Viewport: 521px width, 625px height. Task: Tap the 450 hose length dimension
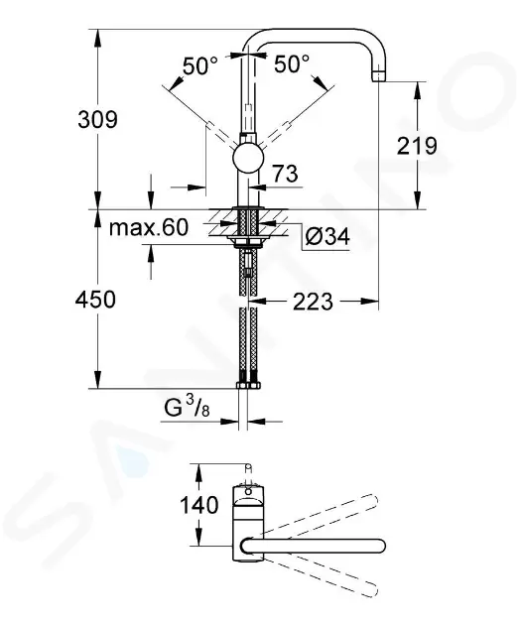[x=96, y=299]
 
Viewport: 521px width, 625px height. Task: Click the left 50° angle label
[x=199, y=66]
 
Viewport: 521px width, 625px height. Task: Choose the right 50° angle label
[x=292, y=66]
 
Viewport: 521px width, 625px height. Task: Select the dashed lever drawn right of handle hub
[x=288, y=122]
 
